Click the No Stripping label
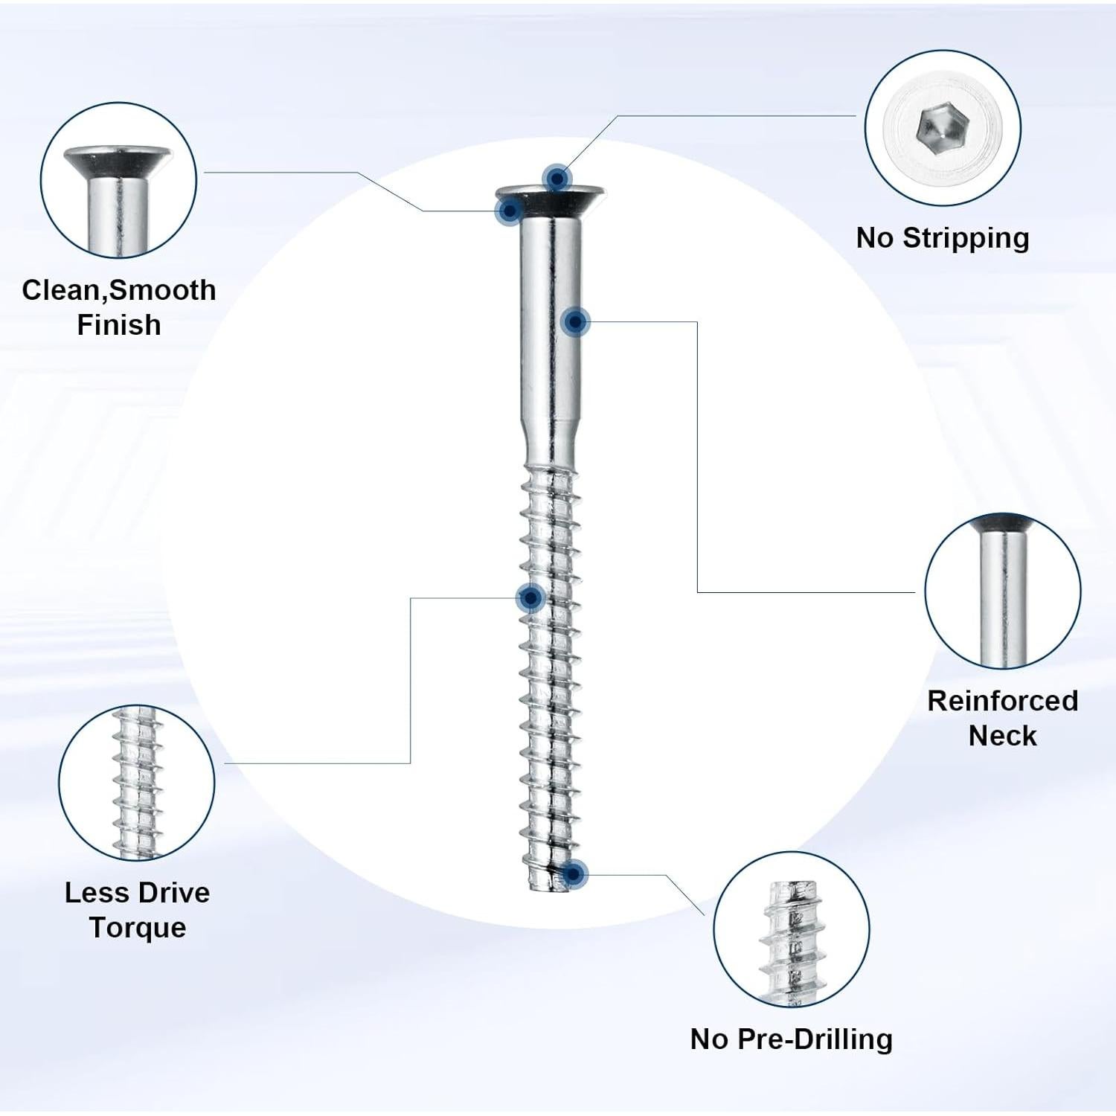tap(943, 239)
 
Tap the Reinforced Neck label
tap(1003, 718)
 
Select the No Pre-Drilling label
tap(792, 1039)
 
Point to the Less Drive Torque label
tap(138, 910)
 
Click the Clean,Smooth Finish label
tap(119, 307)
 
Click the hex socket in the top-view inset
tap(941, 128)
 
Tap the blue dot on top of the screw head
tap(557, 179)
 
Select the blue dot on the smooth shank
tap(575, 321)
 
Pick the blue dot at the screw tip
tap(574, 874)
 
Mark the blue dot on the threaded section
tap(531, 597)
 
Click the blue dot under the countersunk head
tap(510, 211)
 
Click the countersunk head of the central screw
tap(551, 199)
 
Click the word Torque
tap(138, 928)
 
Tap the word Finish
tap(119, 325)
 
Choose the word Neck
tap(1003, 736)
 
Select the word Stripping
tap(966, 239)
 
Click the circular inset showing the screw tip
tap(792, 929)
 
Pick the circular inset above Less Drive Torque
tap(137, 783)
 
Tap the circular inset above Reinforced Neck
tap(1003, 591)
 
